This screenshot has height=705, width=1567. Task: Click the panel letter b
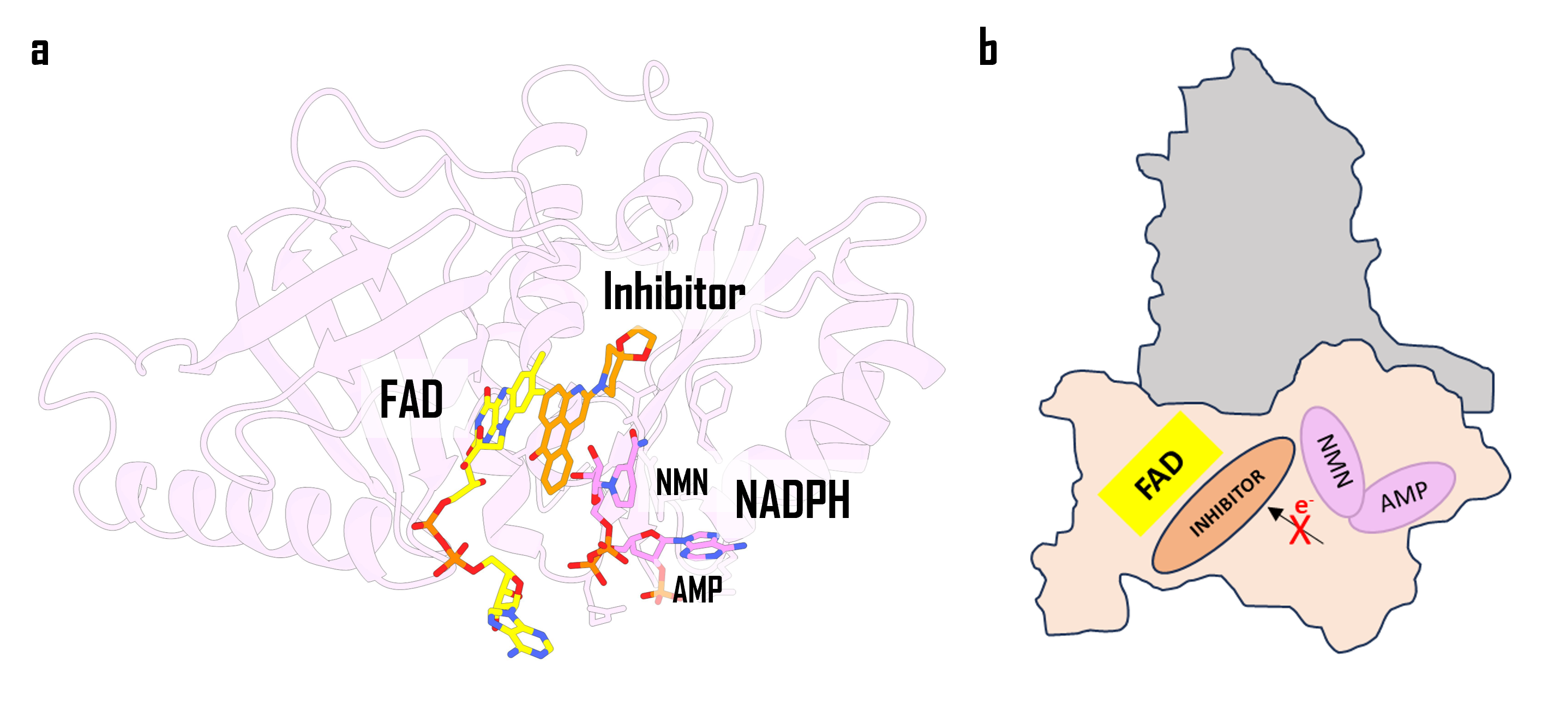point(988,47)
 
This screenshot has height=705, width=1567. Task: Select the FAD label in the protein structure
point(411,400)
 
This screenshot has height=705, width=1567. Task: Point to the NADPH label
point(792,500)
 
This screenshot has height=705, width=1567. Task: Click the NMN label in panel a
point(682,483)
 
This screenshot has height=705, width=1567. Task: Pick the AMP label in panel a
point(697,589)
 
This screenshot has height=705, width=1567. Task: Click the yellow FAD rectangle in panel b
point(1160,473)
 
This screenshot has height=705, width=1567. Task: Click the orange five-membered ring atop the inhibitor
point(639,345)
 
